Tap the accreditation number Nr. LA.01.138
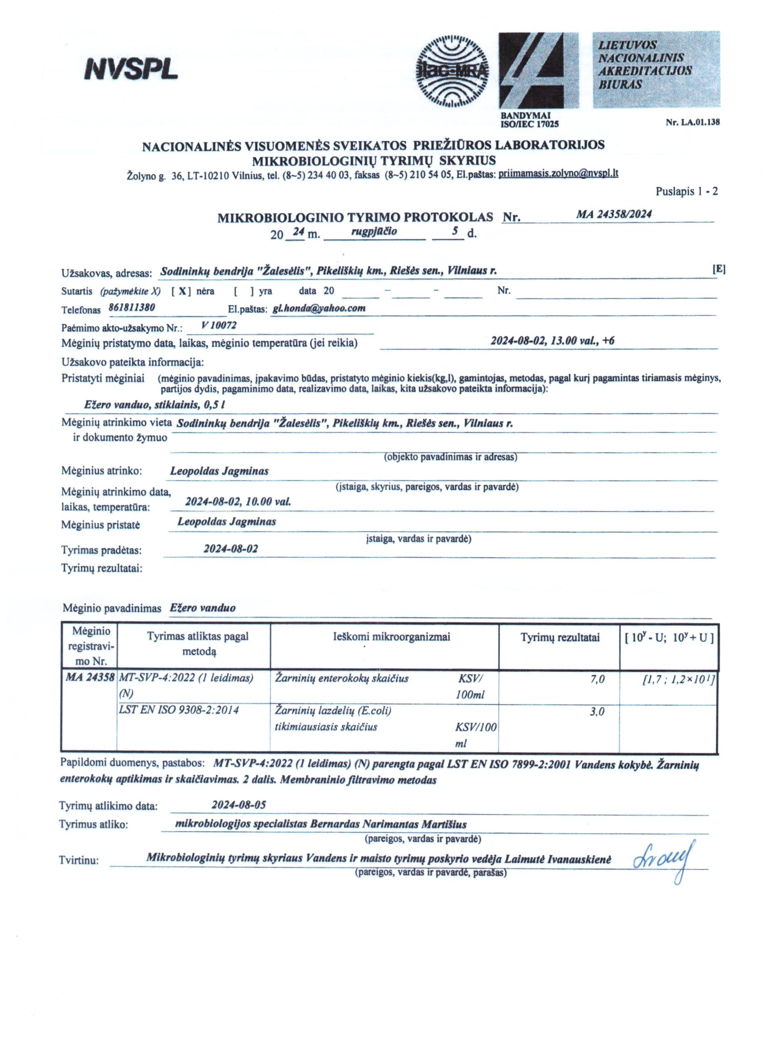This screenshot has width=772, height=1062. [692, 123]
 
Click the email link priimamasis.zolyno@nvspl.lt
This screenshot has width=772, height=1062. [558, 173]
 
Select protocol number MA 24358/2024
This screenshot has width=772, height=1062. [614, 214]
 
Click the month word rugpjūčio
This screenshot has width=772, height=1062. [374, 230]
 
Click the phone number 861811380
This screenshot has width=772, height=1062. [132, 308]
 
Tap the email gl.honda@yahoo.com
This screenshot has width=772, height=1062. [319, 308]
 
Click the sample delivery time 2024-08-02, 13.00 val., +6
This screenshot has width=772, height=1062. [553, 341]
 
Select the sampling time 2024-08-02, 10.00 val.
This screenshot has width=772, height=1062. [238, 502]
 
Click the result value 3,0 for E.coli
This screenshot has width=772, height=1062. [598, 712]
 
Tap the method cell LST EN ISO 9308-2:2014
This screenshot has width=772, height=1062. [179, 710]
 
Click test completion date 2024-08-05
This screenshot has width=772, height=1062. [239, 805]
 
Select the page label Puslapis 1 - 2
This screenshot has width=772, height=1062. [687, 192]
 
